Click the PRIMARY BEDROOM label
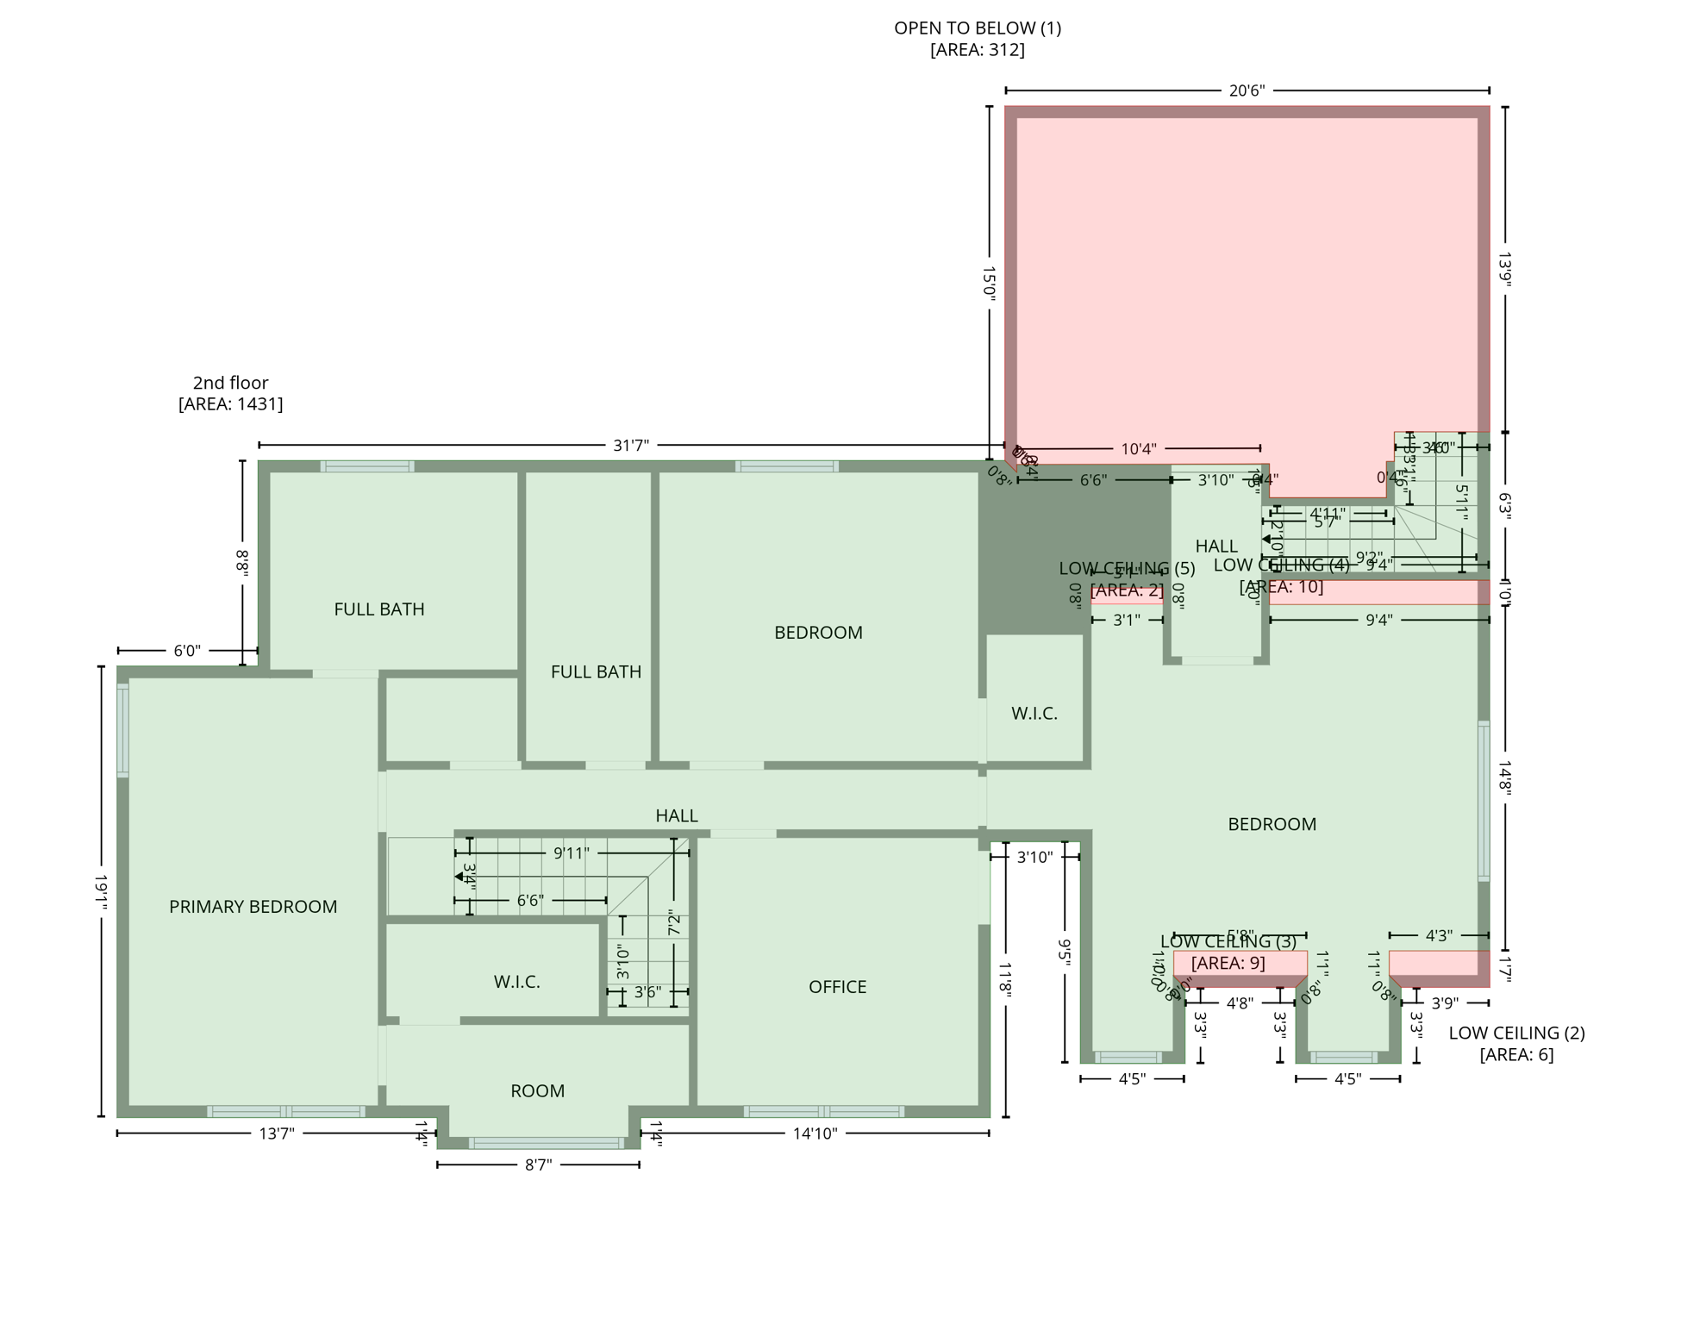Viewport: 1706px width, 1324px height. click(253, 907)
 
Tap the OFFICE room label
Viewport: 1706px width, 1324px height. click(837, 987)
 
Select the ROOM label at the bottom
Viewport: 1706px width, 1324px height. click(537, 1091)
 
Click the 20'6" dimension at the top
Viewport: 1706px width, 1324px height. click(1247, 91)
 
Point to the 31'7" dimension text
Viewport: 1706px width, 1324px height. click(630, 446)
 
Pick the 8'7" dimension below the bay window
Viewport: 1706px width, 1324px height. click(538, 1165)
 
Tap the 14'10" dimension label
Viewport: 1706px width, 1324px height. click(815, 1134)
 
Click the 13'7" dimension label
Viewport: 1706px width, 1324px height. click(277, 1134)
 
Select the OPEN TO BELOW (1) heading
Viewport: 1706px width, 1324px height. click(977, 28)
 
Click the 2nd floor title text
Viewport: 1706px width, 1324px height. click(230, 383)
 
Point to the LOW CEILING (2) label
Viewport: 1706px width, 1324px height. click(1516, 1033)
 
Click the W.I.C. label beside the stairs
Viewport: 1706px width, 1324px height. click(516, 982)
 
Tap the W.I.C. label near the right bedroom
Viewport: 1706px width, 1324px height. click(1034, 714)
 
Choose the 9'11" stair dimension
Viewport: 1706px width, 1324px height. click(571, 853)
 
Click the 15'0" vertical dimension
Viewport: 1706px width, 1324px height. click(989, 283)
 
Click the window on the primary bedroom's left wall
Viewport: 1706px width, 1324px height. click(123, 730)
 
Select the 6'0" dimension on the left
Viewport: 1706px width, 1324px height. click(187, 651)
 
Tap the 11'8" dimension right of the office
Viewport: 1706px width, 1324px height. click(1006, 980)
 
